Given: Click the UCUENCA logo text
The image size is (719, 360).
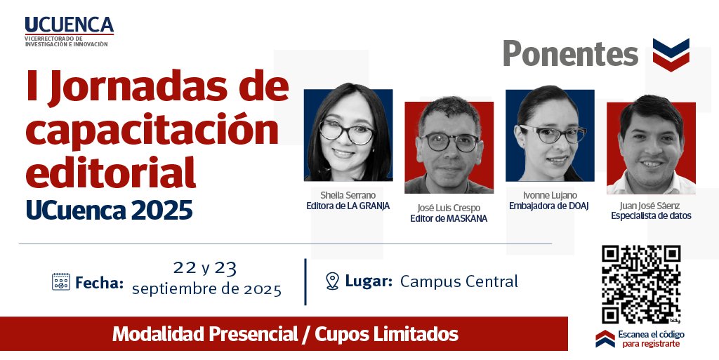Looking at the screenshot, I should point(68,25).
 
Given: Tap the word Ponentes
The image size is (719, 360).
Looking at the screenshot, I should point(570,54).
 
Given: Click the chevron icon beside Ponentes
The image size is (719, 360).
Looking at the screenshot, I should point(671,54).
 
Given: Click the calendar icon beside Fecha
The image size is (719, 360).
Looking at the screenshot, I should point(61,282).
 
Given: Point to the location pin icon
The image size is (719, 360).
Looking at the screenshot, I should point(333,281).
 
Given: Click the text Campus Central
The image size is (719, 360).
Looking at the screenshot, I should point(459,281).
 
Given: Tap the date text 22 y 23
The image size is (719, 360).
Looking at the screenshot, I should point(205,267).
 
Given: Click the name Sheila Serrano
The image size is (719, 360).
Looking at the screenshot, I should point(348,194).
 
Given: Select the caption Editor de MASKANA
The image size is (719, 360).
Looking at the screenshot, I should point(448,218).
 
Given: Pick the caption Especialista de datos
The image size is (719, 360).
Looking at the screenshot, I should point(651,216).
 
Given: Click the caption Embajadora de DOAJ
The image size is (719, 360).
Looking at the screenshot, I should point(548,206).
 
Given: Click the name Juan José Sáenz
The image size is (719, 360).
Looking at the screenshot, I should point(651,206).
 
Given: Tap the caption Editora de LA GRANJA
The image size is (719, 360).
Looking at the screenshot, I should point(348,206).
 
